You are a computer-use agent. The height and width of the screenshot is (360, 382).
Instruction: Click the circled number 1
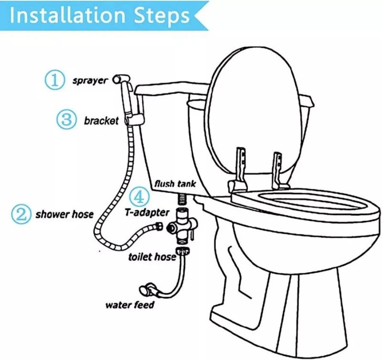click(x=55, y=80)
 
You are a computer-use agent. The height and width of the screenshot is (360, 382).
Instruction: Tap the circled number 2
click(x=21, y=214)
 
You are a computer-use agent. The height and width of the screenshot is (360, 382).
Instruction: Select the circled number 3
click(x=66, y=119)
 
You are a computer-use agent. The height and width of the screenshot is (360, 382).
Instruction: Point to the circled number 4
click(x=139, y=197)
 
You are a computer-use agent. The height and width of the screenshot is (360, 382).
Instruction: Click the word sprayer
click(x=90, y=81)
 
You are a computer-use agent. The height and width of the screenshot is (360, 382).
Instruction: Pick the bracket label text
click(x=101, y=121)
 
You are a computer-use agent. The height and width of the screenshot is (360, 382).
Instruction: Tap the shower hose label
click(x=65, y=214)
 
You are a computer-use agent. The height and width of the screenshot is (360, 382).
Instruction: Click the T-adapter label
click(x=147, y=213)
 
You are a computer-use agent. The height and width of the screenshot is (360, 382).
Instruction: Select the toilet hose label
click(x=152, y=256)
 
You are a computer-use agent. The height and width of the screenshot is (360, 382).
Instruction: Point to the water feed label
click(x=130, y=305)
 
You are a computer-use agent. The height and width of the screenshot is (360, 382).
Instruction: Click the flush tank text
click(x=175, y=184)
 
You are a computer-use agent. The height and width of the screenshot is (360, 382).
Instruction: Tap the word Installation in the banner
click(x=67, y=15)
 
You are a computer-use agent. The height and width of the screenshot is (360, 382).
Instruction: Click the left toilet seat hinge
click(x=239, y=170)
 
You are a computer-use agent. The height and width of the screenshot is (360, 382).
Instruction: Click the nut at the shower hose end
click(x=159, y=226)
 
